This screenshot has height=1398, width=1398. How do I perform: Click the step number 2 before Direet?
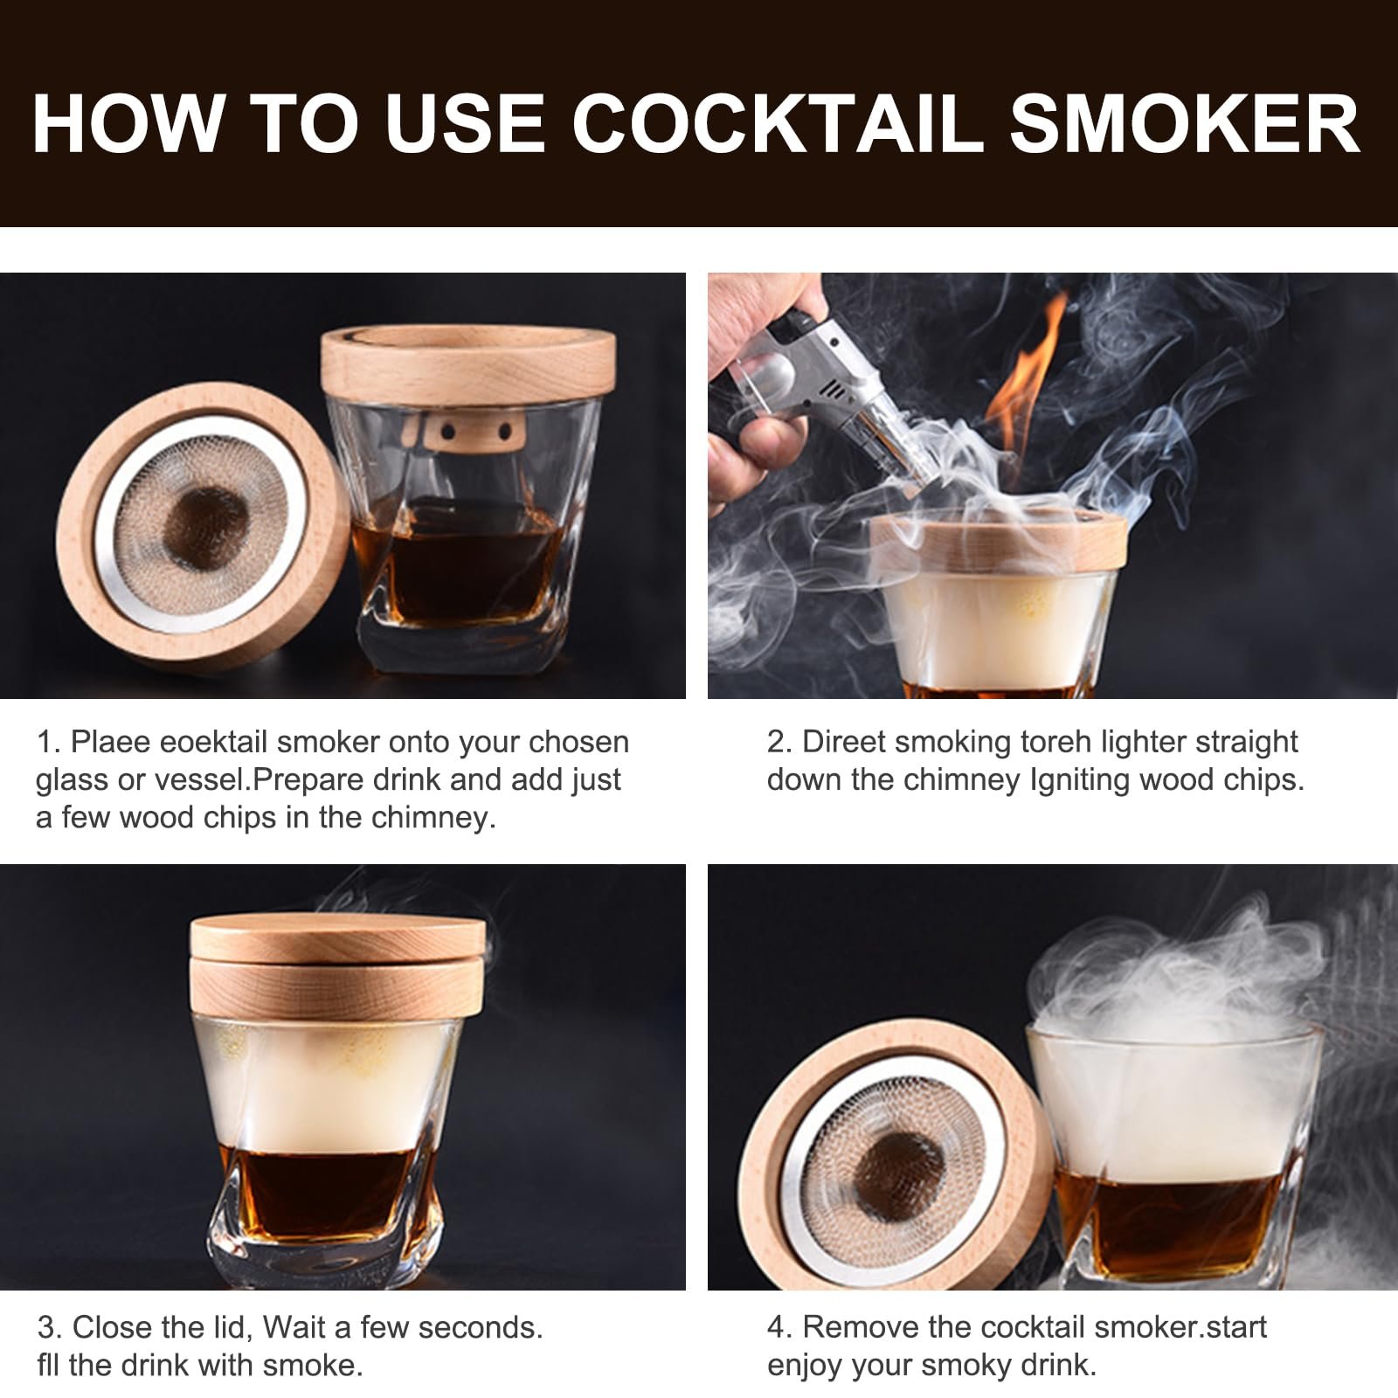coord(777,742)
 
